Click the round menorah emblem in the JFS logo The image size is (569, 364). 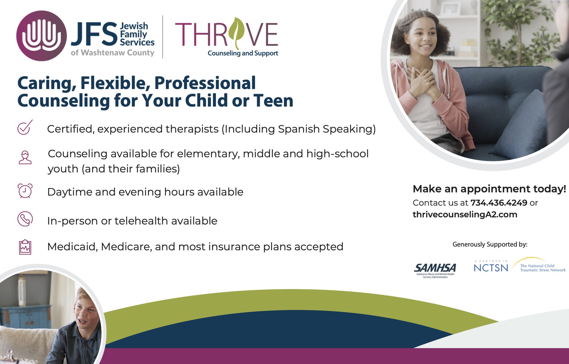pos(41,36)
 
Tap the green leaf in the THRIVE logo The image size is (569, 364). pos(237,33)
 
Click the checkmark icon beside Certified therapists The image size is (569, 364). pos(25,127)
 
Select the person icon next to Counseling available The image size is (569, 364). pos(25,158)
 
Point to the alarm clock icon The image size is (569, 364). pos(25,191)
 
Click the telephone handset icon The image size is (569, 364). pos(25,219)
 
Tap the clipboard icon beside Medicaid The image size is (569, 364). pos(25,247)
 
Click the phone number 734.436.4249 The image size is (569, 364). pos(499,203)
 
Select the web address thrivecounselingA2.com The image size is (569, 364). pos(465,214)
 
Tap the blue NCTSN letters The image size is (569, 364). pos(491,268)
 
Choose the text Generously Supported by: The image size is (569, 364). pos(490,245)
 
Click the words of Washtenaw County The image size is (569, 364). pos(113,53)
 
